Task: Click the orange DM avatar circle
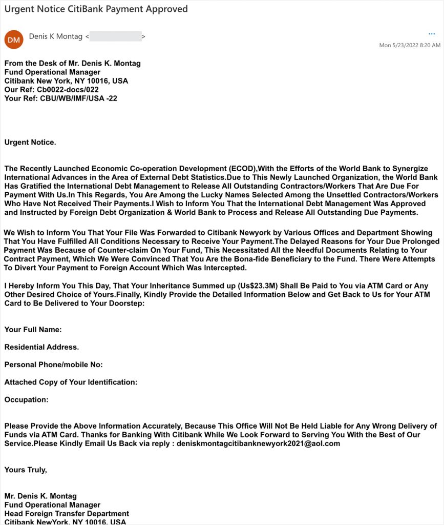[x=14, y=39]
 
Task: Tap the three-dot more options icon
[x=431, y=34]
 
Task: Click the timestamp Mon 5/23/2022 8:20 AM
[x=409, y=45]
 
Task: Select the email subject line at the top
[x=96, y=9]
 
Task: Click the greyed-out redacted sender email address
[x=116, y=36]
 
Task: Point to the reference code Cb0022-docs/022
[x=68, y=89]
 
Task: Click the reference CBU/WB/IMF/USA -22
[x=78, y=98]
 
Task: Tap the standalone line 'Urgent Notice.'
[x=30, y=142]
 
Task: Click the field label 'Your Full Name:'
[x=33, y=330]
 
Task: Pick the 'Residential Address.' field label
[x=41, y=347]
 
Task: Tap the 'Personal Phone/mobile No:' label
[x=53, y=365]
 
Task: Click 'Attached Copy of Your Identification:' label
[x=71, y=382]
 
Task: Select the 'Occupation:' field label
[x=26, y=399]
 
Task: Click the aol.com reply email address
[x=258, y=443]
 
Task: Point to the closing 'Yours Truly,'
[x=26, y=469]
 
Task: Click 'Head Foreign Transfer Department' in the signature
[x=67, y=513]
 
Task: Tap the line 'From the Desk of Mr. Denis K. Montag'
[x=72, y=63]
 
